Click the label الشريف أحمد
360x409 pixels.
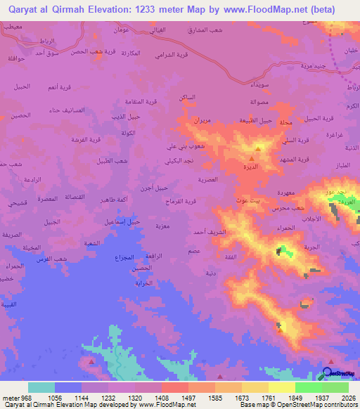click(x=209, y=231)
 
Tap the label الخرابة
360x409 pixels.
click(x=143, y=283)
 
